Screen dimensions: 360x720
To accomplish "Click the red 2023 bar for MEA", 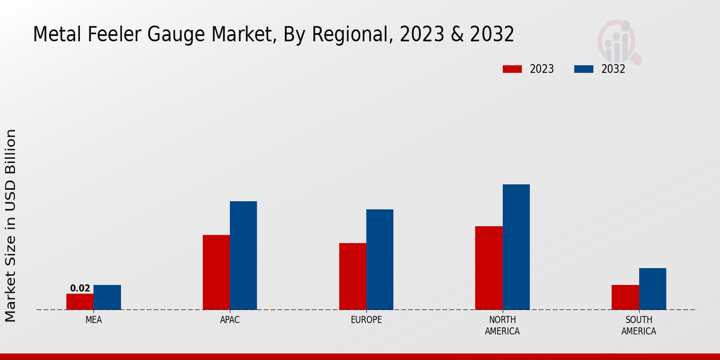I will tap(80, 301).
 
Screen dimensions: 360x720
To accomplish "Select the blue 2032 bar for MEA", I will tap(107, 297).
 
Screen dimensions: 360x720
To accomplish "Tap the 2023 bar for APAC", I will tap(216, 272).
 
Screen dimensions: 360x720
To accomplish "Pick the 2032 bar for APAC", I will tap(243, 255).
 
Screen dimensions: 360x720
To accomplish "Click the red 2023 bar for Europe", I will tap(352, 276).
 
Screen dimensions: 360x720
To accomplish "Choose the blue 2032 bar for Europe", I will tap(380, 259).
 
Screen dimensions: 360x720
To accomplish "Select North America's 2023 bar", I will tap(488, 268).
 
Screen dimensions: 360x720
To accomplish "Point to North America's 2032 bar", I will tap(516, 247).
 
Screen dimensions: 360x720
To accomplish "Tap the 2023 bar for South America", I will tap(625, 297).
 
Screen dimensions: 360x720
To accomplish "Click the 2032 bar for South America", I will tap(652, 289).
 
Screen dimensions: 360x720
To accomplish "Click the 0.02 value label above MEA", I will tap(80, 289).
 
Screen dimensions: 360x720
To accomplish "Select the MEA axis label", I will tap(94, 320).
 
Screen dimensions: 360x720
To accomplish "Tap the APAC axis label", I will tap(230, 320).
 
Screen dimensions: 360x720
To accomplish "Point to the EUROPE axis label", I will tap(366, 320).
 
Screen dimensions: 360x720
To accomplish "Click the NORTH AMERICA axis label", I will tap(503, 325).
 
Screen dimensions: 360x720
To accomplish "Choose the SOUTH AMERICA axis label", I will tap(638, 325).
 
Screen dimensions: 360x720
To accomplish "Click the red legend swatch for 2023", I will tap(512, 69).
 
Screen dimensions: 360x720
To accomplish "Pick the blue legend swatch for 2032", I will tap(583, 69).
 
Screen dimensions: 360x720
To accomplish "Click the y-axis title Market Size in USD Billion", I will tap(11, 225).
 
